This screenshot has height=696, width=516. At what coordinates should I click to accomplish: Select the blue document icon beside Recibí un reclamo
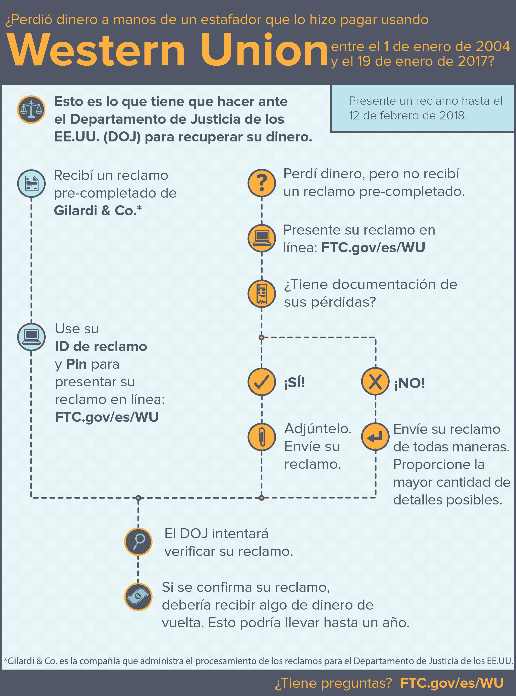point(31,183)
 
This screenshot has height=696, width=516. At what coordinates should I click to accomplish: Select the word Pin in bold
point(76,364)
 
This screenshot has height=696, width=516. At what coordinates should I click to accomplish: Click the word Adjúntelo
point(318,429)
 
